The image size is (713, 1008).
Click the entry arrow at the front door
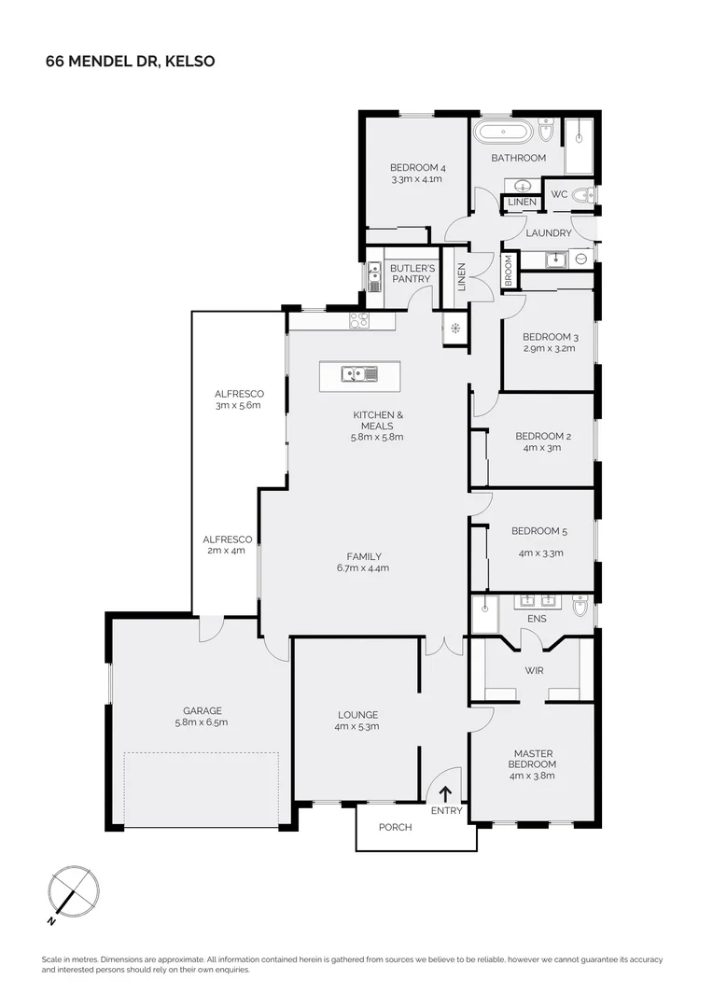445,794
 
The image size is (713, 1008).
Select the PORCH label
396,827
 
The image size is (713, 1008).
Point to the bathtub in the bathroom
503,132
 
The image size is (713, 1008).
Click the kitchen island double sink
358,375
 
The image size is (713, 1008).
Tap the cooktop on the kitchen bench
360,320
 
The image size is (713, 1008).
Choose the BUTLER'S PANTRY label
412,273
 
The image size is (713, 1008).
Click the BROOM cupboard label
509,272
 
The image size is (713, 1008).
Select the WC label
559,194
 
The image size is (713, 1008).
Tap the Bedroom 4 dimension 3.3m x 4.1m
415,178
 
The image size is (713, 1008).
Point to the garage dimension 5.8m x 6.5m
202,721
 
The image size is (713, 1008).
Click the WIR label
535,670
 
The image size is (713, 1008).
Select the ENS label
537,618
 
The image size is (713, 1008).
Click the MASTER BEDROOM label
533,759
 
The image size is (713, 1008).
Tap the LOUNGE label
357,715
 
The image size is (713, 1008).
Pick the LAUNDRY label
548,233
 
